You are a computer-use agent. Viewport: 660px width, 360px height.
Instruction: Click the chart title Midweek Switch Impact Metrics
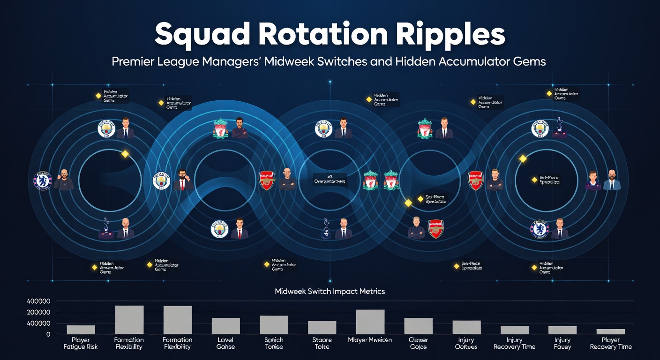coord(330,291)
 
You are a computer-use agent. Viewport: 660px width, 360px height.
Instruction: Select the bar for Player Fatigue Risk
coord(81,330)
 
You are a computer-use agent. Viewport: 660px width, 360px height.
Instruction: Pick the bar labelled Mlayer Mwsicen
coord(370,322)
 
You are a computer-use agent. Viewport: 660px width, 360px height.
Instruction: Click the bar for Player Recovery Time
coord(610,331)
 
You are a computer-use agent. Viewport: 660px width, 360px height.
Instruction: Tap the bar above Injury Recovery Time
coord(514,330)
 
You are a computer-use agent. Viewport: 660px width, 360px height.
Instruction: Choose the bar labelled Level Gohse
coord(225,326)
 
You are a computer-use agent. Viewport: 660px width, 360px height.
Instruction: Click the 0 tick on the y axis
coord(48,334)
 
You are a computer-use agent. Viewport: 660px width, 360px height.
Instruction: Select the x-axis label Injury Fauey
coord(562,343)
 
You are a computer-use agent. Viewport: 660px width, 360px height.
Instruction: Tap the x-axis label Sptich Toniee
coord(274,343)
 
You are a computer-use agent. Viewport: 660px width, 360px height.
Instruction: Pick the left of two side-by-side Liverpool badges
coord(370,180)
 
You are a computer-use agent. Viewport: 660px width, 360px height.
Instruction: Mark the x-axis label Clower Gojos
coord(418,343)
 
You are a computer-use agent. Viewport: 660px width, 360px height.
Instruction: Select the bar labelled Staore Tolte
coord(322,327)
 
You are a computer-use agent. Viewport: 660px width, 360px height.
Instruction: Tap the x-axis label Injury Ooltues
coord(466,343)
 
